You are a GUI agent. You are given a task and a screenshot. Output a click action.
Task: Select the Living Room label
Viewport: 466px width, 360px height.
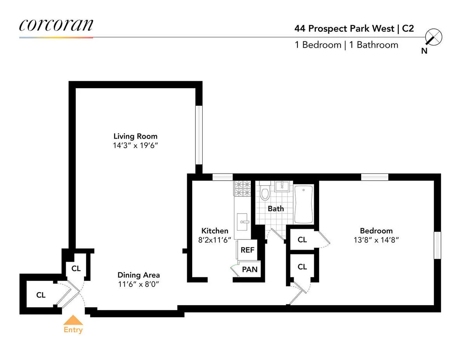pyautogui.click(x=135, y=136)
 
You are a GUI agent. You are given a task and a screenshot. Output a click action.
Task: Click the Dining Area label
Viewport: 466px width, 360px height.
pyautogui.click(x=139, y=275)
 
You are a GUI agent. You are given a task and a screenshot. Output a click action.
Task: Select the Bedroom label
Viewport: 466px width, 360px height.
pyautogui.click(x=376, y=230)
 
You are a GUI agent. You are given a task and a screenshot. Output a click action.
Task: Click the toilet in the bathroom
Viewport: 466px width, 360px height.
pyautogui.click(x=266, y=193)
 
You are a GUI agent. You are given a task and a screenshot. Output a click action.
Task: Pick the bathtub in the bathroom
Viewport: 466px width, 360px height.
pyautogui.click(x=304, y=204)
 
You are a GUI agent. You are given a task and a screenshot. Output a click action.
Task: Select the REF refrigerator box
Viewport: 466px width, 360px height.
pyautogui.click(x=247, y=250)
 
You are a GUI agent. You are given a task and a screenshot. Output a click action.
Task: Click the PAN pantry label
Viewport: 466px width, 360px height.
pyautogui.click(x=249, y=269)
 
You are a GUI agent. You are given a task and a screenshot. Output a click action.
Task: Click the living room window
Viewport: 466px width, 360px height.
pyautogui.click(x=199, y=135)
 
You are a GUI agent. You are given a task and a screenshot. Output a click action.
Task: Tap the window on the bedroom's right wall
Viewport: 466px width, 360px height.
pyautogui.click(x=438, y=245)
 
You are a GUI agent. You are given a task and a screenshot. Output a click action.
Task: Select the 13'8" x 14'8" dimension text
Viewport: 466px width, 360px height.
pyautogui.click(x=376, y=240)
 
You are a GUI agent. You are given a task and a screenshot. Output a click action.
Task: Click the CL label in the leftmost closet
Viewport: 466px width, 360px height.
pyautogui.click(x=41, y=295)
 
